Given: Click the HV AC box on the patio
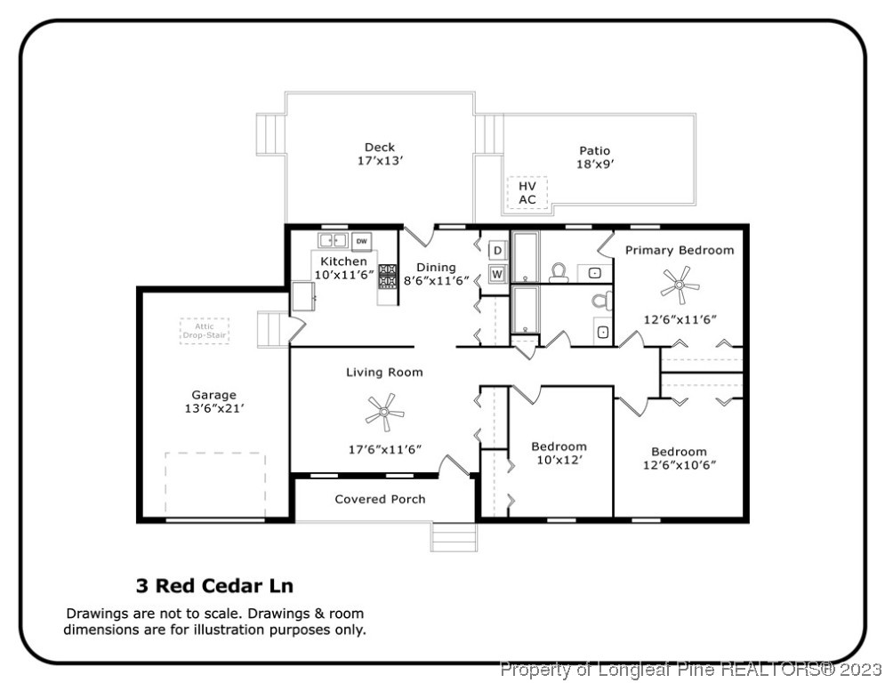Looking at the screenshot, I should coord(527,193).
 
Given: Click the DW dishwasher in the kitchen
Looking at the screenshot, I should coord(361,241).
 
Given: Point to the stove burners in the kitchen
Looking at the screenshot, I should coord(389,276).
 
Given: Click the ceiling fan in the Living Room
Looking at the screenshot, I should coord(384,412).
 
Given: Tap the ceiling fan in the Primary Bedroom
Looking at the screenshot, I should coord(680,285).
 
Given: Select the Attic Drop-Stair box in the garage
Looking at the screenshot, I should coord(205,331).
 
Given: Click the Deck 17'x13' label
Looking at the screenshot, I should coord(380,154).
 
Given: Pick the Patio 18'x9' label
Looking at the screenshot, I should coord(595,157).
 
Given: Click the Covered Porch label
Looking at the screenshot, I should coord(380,499).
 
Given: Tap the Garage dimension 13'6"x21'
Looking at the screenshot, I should coord(213,409).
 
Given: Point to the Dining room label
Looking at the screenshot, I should coord(436,267).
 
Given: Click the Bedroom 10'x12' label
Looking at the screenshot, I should coord(559,453).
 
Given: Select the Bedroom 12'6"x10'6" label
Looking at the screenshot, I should coord(679,457).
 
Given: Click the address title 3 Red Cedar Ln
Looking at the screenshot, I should coord(214,586).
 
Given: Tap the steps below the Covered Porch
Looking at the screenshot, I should coord(454,536).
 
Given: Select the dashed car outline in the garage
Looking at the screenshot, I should coord(215,483).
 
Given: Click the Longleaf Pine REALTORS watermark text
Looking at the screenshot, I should coord(691,668).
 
